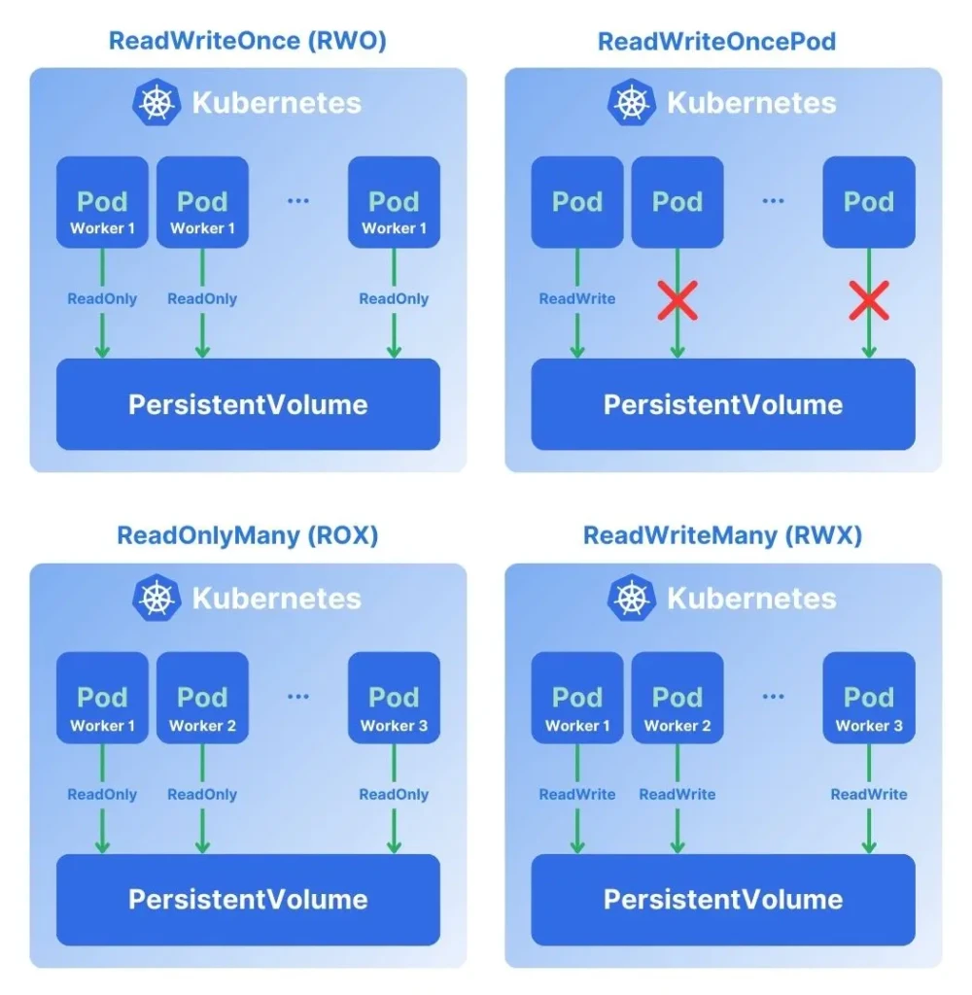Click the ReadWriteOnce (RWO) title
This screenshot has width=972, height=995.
click(x=248, y=41)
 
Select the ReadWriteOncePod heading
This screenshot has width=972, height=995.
click(x=716, y=41)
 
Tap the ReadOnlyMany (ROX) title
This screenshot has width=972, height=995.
click(x=248, y=535)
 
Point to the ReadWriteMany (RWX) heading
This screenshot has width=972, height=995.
click(x=722, y=535)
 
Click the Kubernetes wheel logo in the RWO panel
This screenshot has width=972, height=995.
click(x=156, y=103)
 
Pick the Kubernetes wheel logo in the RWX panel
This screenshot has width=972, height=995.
click(x=632, y=599)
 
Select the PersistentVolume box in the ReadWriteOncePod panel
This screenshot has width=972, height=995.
click(x=723, y=404)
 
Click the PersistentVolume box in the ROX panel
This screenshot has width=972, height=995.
click(x=248, y=899)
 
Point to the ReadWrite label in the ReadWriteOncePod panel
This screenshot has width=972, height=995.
click(x=577, y=298)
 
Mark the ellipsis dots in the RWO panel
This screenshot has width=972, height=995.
click(x=297, y=201)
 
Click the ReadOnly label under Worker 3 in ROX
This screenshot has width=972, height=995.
click(x=394, y=794)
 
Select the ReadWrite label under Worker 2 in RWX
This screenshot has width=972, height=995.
click(x=677, y=794)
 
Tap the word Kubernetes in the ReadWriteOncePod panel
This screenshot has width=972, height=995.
click(x=751, y=103)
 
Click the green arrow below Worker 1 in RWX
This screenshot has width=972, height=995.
click(x=577, y=831)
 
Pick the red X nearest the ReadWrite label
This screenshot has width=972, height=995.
click(x=677, y=300)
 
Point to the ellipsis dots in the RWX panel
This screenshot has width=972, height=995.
click(x=773, y=697)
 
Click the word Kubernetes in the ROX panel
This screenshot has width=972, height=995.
click(x=276, y=599)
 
